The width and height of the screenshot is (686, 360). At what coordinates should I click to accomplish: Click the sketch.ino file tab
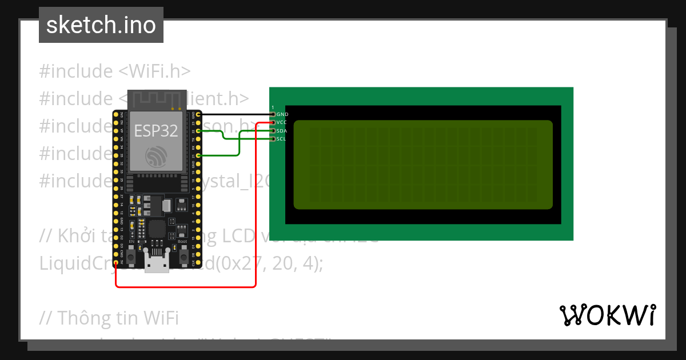pyautogui.click(x=101, y=25)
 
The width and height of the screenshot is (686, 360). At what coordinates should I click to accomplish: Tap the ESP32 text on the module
pyautogui.click(x=156, y=131)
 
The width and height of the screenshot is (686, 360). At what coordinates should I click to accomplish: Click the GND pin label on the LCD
pyautogui.click(x=282, y=114)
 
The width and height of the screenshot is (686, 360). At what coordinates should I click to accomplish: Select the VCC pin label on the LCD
pyautogui.click(x=282, y=122)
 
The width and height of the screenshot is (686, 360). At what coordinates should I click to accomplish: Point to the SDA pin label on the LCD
pyautogui.click(x=282, y=131)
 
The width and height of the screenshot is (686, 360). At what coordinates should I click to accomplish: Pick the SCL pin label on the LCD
pyautogui.click(x=281, y=139)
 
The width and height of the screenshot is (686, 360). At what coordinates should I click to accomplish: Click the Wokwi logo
pyautogui.click(x=608, y=315)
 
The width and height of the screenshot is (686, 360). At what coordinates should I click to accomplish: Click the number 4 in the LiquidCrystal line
pyautogui.click(x=306, y=264)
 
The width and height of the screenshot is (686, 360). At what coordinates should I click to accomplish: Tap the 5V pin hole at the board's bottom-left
pyautogui.click(x=116, y=263)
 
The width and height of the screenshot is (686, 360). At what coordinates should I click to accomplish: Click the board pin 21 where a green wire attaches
pyautogui.click(x=198, y=155)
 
